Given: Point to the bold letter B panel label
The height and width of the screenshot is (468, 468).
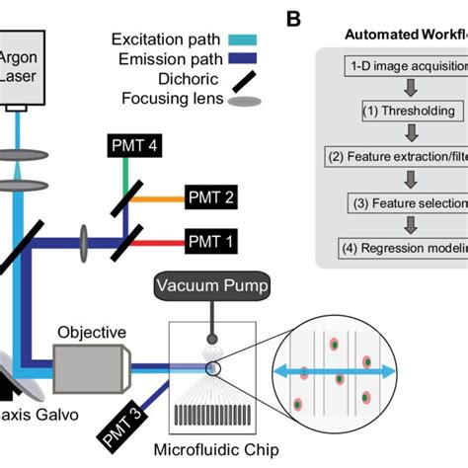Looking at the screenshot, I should pyautogui.click(x=294, y=17).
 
